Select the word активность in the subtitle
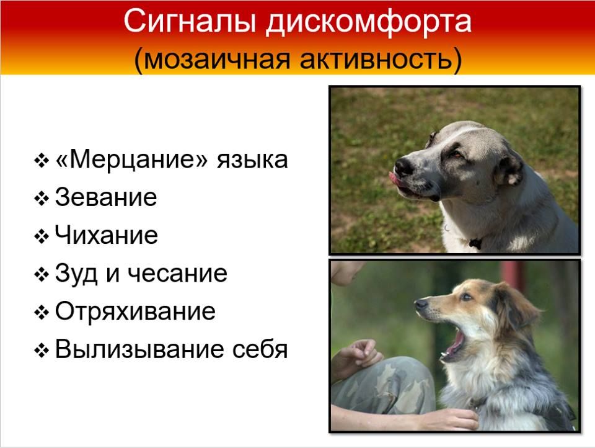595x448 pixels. click(381, 60)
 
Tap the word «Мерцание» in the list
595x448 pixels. click(131, 159)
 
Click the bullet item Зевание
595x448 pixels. click(106, 197)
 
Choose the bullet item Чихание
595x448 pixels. click(106, 235)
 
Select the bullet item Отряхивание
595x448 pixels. click(136, 311)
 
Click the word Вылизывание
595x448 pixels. click(139, 349)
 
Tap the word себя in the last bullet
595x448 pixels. click(260, 349)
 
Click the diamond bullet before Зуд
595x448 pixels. click(42, 275)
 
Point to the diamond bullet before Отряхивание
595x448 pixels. click(42, 313)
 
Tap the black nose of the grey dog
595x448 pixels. click(403, 166)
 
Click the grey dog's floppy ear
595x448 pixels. click(508, 166)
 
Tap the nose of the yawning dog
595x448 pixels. click(421, 303)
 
